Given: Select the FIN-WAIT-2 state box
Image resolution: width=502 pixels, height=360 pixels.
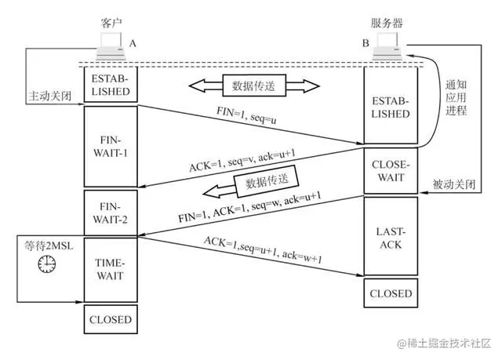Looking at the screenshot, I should [x=110, y=213].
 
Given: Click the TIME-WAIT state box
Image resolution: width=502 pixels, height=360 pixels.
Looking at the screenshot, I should [x=110, y=268].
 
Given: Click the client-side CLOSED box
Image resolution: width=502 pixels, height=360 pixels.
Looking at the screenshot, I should [x=110, y=319].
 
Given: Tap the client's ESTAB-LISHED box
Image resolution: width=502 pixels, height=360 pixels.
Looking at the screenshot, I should [x=110, y=85].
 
